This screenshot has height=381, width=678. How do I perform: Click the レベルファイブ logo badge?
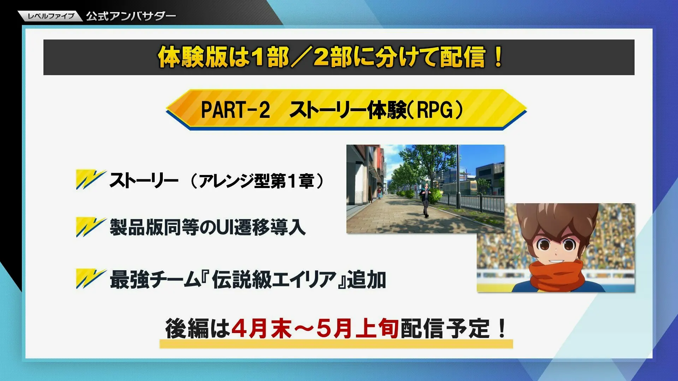tap(50, 16)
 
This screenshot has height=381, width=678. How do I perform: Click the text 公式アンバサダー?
tap(131, 16)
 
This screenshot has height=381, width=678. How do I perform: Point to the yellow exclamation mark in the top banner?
tap(498, 57)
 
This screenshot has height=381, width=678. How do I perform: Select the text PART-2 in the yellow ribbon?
tap(236, 110)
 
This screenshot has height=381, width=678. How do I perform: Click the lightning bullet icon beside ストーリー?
tap(91, 180)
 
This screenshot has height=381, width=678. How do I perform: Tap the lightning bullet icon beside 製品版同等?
tap(91, 227)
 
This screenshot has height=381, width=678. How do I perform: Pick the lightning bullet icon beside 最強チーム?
tap(91, 279)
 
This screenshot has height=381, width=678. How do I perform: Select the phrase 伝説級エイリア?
tap(274, 279)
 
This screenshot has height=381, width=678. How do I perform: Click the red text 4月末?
tap(261, 328)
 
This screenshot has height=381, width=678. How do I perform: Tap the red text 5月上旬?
tap(357, 328)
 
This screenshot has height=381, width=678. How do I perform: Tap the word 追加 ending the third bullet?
tap(367, 279)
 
